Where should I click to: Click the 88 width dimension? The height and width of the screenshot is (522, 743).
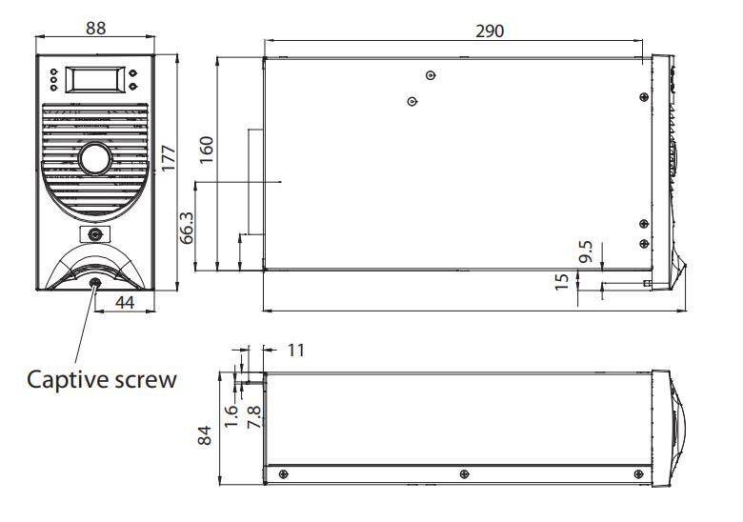pyautogui.click(x=95, y=28)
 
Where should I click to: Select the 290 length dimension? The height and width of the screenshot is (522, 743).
pyautogui.click(x=490, y=31)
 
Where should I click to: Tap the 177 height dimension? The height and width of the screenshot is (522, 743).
pyautogui.click(x=169, y=159)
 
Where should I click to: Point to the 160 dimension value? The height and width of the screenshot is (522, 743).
pyautogui.click(x=206, y=151)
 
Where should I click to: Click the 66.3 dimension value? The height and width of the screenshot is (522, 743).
pyautogui.click(x=187, y=228)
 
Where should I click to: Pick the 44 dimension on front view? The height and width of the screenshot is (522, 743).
pyautogui.click(x=125, y=302)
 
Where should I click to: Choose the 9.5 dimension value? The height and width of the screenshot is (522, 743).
pyautogui.click(x=586, y=251)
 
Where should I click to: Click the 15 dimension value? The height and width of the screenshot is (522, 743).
pyautogui.click(x=561, y=282)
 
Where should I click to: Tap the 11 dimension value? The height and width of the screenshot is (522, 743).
pyautogui.click(x=295, y=350)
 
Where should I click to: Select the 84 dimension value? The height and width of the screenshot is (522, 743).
pyautogui.click(x=205, y=435)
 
